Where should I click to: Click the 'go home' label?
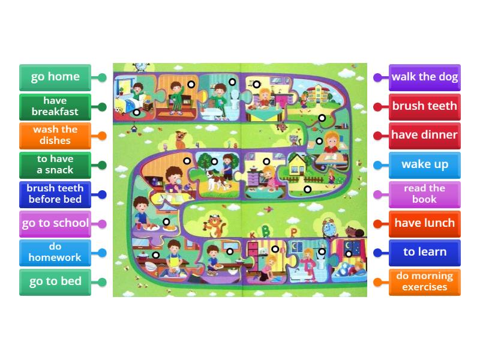55,77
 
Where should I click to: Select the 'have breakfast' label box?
55,107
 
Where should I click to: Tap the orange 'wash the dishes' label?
55,136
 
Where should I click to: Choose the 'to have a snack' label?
55,165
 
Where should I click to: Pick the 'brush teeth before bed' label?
55,194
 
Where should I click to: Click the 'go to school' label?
55,223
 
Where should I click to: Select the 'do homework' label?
55,253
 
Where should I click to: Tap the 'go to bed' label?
55,282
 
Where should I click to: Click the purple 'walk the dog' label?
425,77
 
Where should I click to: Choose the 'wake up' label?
425,165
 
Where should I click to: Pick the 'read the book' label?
425,194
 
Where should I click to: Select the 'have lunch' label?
425,223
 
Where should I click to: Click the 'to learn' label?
425,253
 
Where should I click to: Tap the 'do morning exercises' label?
425,282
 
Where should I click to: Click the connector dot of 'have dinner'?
377,136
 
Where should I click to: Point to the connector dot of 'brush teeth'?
377,107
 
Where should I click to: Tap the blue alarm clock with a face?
329,228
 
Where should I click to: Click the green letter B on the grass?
265,232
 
